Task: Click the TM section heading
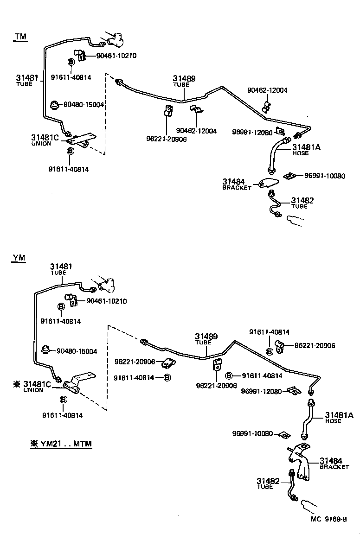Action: tap(20, 37)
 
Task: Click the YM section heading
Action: tap(19, 258)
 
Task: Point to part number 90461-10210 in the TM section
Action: tap(116, 56)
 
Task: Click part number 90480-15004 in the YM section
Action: tap(77, 351)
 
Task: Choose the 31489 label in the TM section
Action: tap(184, 79)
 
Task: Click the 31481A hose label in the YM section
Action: tap(339, 415)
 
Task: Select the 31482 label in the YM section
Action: tap(268, 482)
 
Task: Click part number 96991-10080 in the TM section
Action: tap(325, 176)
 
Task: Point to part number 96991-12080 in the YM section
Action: tap(261, 392)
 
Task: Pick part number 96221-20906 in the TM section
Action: tap(166, 139)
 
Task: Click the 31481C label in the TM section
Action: tap(45, 138)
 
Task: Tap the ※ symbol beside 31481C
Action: tap(17, 384)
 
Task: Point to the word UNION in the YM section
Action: tap(33, 390)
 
